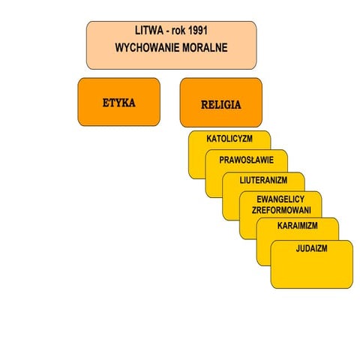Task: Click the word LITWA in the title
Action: (149, 31)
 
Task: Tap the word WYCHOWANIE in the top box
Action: (146, 47)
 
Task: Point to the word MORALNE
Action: (205, 47)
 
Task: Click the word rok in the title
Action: (178, 31)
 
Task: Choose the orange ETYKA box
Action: (119, 102)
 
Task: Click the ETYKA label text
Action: (119, 103)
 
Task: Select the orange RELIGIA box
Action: (221, 103)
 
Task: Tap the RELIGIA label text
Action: (221, 105)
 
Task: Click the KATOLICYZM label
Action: (229, 139)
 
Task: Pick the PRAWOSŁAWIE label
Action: (246, 160)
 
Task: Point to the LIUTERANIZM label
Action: (263, 180)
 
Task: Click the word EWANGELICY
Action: (280, 199)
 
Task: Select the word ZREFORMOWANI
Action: (281, 210)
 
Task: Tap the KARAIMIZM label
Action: (298, 226)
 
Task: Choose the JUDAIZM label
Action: (311, 248)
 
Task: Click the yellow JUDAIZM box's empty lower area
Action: (311, 271)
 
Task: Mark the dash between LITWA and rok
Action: (167, 31)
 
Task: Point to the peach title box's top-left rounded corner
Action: (88, 23)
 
